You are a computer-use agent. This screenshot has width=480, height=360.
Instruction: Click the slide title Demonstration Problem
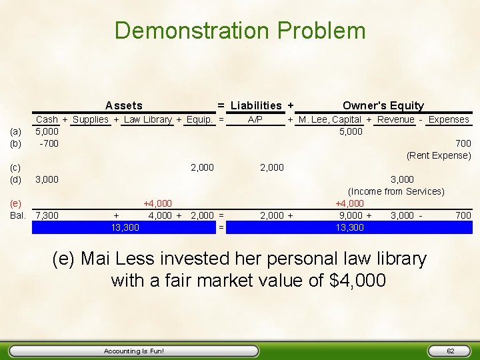(x=240, y=31)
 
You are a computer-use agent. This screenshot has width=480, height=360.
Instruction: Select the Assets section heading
(x=123, y=105)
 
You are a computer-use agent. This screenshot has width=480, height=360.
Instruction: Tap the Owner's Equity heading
(x=383, y=105)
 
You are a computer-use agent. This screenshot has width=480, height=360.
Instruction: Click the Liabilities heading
(x=256, y=105)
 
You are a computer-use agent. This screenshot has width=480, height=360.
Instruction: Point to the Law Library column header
(x=148, y=119)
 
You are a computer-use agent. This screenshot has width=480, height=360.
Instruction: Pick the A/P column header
(x=255, y=119)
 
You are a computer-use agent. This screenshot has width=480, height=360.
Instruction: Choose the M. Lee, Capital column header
(x=330, y=119)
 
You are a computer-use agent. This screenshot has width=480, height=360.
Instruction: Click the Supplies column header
(x=91, y=119)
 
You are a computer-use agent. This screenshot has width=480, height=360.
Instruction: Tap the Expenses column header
(x=449, y=119)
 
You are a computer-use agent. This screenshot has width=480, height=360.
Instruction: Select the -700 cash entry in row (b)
(x=49, y=143)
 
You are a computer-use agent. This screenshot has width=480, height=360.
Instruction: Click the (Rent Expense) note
(x=439, y=155)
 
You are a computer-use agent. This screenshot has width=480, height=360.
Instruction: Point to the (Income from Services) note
(x=396, y=191)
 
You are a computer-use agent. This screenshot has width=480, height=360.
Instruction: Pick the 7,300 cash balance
(x=47, y=215)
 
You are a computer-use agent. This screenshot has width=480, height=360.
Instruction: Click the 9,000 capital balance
(x=351, y=215)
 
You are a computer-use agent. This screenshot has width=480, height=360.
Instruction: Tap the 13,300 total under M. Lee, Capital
(x=350, y=227)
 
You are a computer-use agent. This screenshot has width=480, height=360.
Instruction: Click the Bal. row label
(x=18, y=215)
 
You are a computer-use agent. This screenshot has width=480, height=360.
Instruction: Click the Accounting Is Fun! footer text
(x=134, y=351)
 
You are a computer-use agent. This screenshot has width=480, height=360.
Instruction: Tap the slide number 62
(x=450, y=351)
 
